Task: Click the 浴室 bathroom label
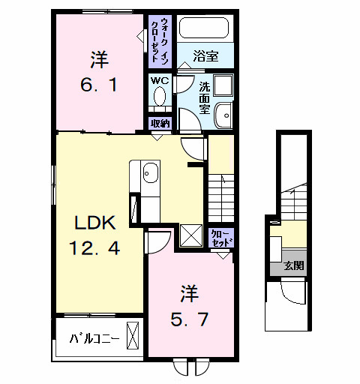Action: coord(204,55)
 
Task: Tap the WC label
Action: coord(159,80)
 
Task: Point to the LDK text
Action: coord(94,223)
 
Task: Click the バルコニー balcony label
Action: coord(94,338)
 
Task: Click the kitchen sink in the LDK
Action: coord(150,172)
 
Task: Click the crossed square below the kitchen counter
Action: coord(190,235)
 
